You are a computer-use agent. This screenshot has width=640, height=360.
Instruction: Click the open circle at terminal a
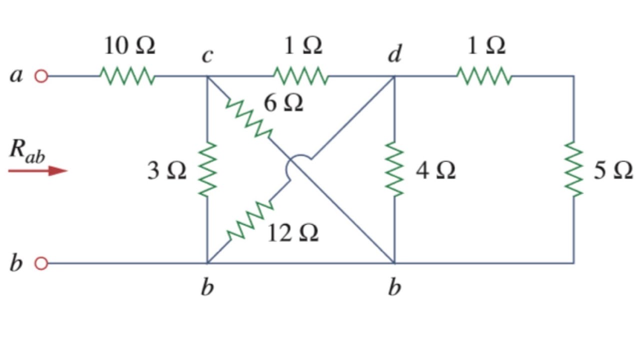pyautogui.click(x=41, y=76)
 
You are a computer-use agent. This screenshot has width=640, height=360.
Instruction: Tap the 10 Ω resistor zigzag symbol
pyautogui.click(x=127, y=76)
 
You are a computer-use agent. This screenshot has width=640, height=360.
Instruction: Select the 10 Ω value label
pyautogui.click(x=129, y=46)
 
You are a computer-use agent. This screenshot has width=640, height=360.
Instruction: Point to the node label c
pyautogui.click(x=207, y=55)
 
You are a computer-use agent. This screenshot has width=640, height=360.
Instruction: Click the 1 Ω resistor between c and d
pyautogui.click(x=300, y=76)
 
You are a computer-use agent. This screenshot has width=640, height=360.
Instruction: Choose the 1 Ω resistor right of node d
pyautogui.click(x=483, y=76)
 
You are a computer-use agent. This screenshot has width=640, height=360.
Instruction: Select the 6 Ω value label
pyautogui.click(x=283, y=103)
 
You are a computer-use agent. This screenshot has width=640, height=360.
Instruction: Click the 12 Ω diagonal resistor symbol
pyautogui.click(x=249, y=220)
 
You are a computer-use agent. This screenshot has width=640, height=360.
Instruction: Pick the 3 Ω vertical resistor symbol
pyautogui.click(x=207, y=169)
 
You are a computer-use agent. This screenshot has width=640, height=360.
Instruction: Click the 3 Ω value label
pyautogui.click(x=166, y=171)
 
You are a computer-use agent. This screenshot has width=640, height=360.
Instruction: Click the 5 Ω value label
pyautogui.click(x=613, y=171)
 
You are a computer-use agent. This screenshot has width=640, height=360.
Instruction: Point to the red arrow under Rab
pyautogui.click(x=37, y=171)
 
